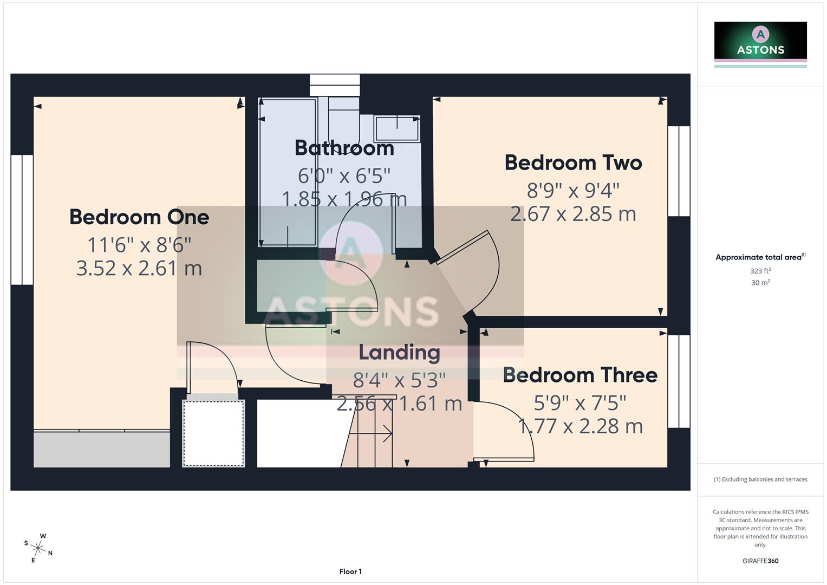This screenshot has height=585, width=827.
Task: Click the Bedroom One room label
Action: click(139, 217)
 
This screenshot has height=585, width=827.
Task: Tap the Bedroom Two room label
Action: click(573, 163)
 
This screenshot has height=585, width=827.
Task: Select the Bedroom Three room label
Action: click(580, 375)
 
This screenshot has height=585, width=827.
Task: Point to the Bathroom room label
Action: click(344, 148)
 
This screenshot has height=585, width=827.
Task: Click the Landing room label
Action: click(399, 353)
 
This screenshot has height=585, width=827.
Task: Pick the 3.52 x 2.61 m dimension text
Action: click(139, 268)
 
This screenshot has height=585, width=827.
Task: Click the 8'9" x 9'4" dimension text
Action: click(573, 191)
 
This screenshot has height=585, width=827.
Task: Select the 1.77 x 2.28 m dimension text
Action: click(580, 426)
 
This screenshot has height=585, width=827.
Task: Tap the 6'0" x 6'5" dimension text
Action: click(344, 175)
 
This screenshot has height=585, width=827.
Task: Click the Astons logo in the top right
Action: click(760, 43)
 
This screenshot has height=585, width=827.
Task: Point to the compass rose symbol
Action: click(38, 548)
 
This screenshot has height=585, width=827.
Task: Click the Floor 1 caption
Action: click(350, 571)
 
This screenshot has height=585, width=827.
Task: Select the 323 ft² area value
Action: click(760, 271)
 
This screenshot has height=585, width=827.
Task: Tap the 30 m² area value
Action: click(760, 283)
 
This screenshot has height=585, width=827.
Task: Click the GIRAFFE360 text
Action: click(760, 561)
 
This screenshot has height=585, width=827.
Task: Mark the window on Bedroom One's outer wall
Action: click(22, 219)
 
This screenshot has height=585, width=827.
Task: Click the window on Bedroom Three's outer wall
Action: click(679, 381)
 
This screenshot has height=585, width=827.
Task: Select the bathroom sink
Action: click(397, 129)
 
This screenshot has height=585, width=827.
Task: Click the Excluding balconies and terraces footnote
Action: click(760, 479)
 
